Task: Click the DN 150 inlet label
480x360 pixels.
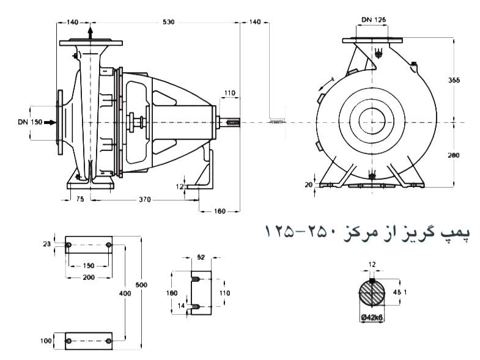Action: click(x=30, y=122)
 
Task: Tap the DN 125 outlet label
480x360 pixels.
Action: click(x=374, y=20)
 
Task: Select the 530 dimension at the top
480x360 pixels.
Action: click(x=168, y=22)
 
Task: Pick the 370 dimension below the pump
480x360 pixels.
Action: click(x=145, y=199)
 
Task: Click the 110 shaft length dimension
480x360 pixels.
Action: click(x=229, y=93)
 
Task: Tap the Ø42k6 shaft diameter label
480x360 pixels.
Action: click(x=372, y=317)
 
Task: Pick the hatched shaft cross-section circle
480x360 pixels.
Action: click(x=373, y=292)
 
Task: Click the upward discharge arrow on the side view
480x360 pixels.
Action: click(x=90, y=32)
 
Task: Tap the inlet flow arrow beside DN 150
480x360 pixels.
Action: click(x=50, y=122)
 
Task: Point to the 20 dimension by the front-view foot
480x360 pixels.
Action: click(x=309, y=184)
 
